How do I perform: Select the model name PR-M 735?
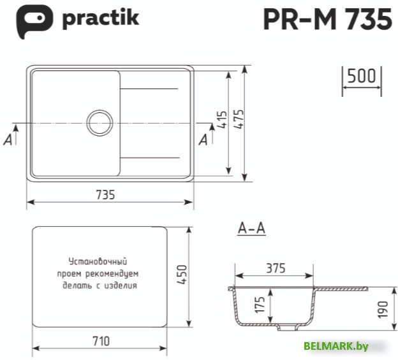click(x=327, y=20)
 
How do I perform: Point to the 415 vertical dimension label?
click(x=222, y=120)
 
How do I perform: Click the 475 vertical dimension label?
click(x=239, y=120)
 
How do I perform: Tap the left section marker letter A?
click(x=8, y=140)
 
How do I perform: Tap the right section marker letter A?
click(x=203, y=140)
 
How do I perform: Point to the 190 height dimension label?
click(x=382, y=309)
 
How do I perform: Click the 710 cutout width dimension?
click(x=101, y=340)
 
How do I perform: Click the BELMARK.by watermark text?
click(x=336, y=346)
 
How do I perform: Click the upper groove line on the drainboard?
click(x=149, y=87)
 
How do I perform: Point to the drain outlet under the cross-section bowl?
click(x=288, y=329)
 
